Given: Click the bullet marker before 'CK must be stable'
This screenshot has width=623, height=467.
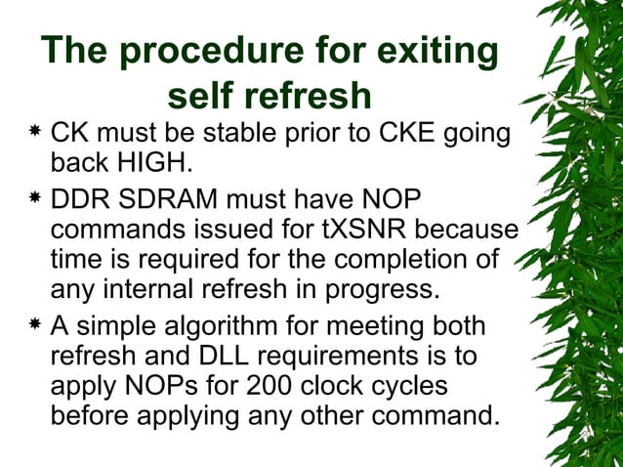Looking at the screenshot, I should point(34,130).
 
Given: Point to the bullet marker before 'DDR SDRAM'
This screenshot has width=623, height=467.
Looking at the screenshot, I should point(34,199).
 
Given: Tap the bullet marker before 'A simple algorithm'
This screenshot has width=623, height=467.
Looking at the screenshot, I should point(34,327).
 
